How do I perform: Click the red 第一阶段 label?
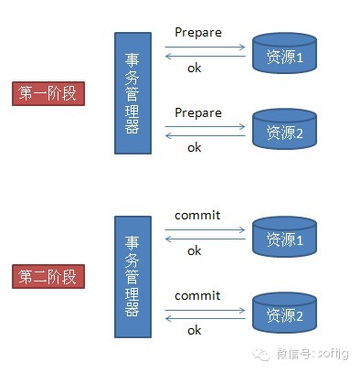(47, 92)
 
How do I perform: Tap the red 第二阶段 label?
(47, 276)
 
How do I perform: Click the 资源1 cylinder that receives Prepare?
(283, 54)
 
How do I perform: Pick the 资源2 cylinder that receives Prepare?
(283, 131)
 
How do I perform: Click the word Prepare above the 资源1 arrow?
(198, 33)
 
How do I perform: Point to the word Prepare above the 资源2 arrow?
(198, 112)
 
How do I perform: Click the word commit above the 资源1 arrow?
(197, 217)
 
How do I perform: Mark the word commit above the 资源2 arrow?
(197, 296)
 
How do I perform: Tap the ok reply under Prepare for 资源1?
(195, 67)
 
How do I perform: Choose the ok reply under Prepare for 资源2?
(195, 146)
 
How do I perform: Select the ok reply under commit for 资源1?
(195, 250)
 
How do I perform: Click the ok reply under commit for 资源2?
(195, 330)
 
